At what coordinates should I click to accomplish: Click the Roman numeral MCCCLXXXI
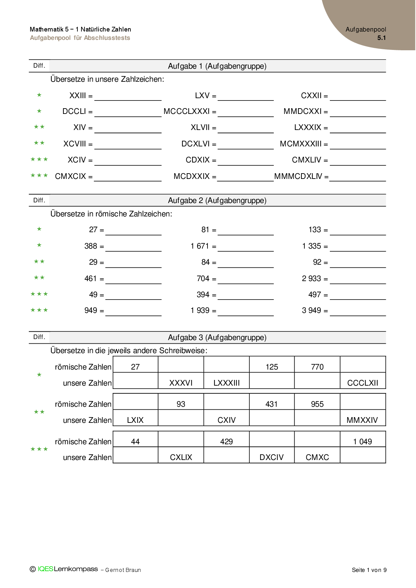tap(186, 111)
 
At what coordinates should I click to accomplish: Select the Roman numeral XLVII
tap(200, 127)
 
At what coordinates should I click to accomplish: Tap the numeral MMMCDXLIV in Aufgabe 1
tap(298, 176)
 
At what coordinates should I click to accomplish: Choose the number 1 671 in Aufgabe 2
tap(199, 246)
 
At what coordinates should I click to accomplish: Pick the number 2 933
tap(311, 278)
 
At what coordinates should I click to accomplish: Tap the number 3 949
tap(311, 310)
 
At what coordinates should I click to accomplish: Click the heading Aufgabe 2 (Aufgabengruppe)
tap(217, 200)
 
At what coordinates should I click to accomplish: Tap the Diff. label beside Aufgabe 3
tap(39, 337)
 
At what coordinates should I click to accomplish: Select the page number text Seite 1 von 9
tap(369, 570)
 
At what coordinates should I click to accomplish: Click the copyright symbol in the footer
tap(33, 569)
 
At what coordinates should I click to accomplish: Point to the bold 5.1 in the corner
tap(381, 38)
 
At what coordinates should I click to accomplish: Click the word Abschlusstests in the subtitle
tap(107, 38)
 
